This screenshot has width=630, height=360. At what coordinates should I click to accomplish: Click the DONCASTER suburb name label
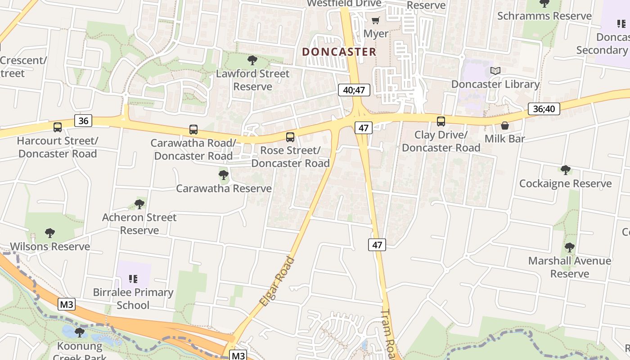point(339,52)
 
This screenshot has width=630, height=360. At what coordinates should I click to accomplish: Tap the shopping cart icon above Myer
point(375,20)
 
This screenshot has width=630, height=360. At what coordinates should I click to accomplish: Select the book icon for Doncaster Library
point(495,71)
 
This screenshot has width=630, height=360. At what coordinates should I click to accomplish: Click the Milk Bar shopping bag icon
point(505,126)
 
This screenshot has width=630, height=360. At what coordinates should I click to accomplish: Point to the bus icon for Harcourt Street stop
point(58,127)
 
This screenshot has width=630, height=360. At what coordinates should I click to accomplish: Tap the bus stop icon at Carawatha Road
point(193,130)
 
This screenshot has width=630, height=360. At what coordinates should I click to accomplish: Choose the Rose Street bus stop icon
point(290,137)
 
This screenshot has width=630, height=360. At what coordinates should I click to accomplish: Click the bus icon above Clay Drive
point(441,121)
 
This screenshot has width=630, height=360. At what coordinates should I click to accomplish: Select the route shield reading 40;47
point(354,90)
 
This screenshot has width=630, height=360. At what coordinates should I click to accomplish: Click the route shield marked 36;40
point(544,108)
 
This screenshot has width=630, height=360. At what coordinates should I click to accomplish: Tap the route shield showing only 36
point(83,121)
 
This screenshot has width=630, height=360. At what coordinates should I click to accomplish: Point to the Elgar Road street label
point(277,282)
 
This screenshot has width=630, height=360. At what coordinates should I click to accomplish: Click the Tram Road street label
point(388,334)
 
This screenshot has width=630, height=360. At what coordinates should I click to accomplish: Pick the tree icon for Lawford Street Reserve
point(252,60)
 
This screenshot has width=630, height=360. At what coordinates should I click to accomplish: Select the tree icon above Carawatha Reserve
point(223,175)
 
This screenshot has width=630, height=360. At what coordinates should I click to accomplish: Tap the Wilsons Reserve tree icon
point(50,233)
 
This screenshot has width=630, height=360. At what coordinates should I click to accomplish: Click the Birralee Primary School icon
point(133,279)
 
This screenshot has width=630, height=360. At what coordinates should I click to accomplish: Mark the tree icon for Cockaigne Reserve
point(565,170)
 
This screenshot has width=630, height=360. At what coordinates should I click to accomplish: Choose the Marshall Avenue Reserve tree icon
point(570,247)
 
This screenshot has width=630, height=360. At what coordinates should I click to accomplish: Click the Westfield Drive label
point(344,4)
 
